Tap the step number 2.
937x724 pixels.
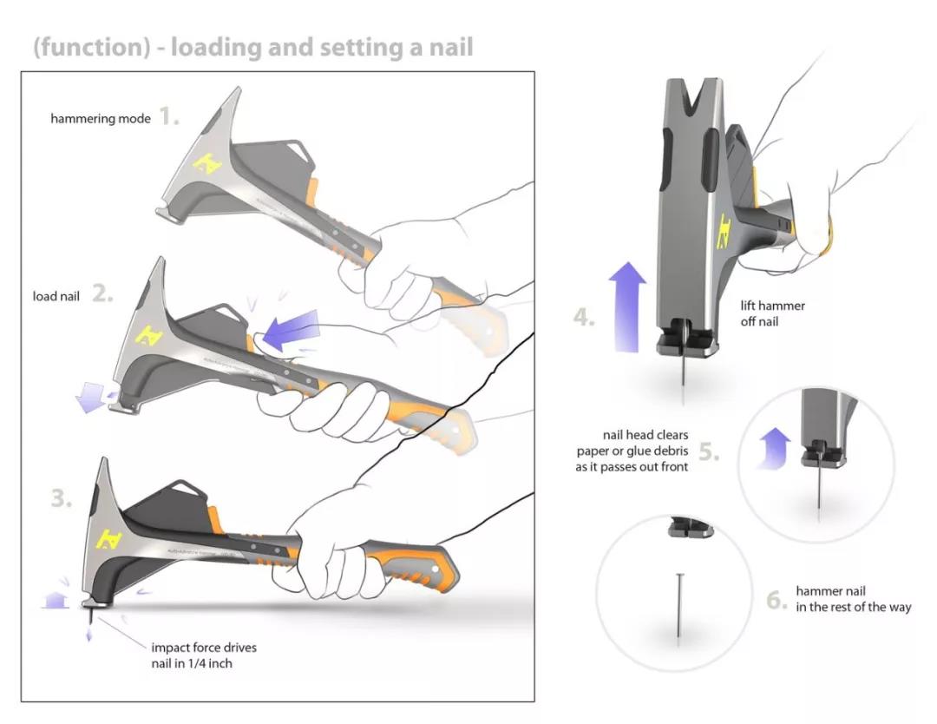point(102,294)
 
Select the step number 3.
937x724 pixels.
point(61,499)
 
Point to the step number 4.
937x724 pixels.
point(584,318)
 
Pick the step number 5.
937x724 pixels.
point(709,451)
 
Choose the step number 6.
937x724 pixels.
point(777,599)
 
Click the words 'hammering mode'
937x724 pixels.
point(100,118)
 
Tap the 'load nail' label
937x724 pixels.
point(56,296)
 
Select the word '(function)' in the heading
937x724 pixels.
point(91,46)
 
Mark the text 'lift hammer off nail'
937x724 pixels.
point(772,313)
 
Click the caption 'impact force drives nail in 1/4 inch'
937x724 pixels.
point(204,655)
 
